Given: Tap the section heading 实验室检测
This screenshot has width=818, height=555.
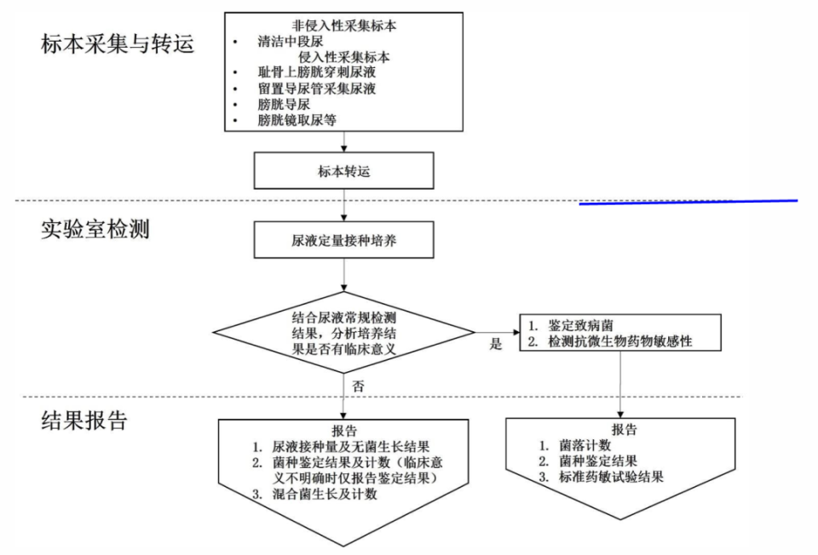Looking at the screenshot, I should (x=95, y=229).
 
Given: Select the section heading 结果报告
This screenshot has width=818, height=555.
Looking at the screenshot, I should (x=84, y=421).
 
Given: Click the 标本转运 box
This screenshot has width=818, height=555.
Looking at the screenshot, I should (x=344, y=171).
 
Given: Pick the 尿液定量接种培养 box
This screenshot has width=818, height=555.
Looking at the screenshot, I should (x=344, y=241).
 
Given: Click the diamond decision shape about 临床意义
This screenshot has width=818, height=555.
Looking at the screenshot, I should (x=343, y=333).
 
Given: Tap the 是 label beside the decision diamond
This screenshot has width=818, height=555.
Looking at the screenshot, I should (x=496, y=345).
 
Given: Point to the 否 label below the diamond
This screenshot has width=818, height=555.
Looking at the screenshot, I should (x=359, y=386).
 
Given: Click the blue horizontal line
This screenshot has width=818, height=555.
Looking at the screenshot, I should (x=688, y=203).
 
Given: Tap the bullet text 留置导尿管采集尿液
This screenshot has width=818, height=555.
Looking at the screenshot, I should (x=316, y=89).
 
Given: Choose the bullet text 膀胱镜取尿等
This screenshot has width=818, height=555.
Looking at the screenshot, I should (x=297, y=120).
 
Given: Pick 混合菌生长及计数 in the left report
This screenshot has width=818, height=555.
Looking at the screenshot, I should (x=325, y=495).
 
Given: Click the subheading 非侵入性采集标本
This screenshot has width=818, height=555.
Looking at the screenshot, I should (x=343, y=26).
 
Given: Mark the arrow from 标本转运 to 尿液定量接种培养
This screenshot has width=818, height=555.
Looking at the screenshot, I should (x=344, y=205).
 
